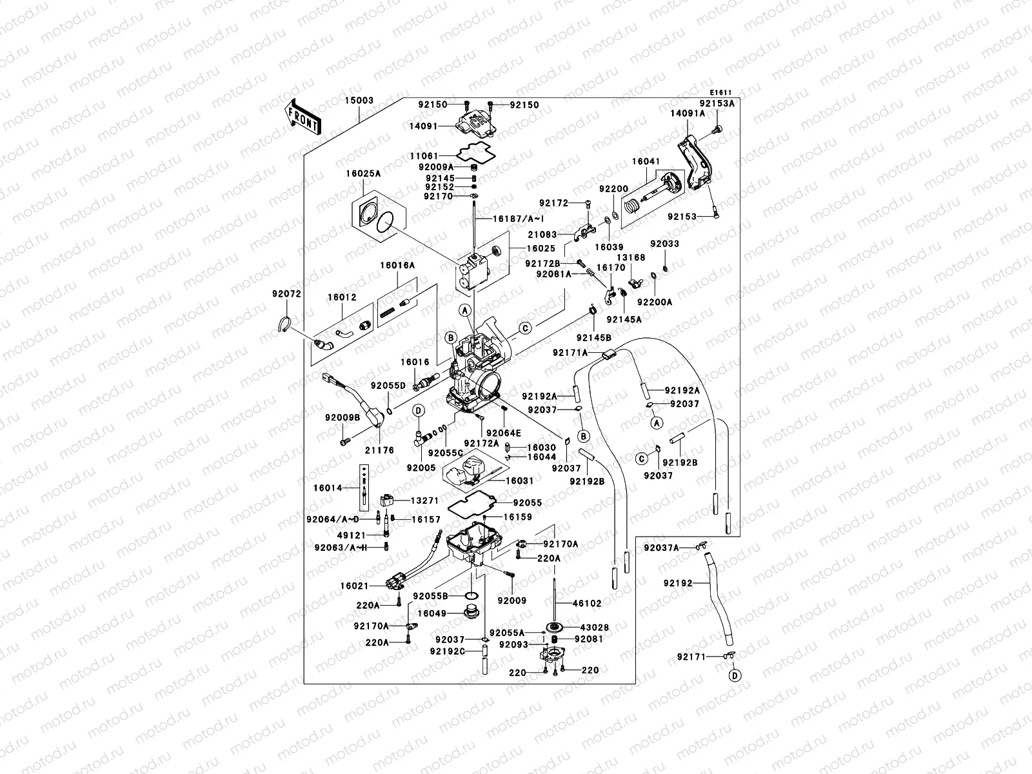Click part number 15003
click(x=359, y=101)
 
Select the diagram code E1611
click(x=722, y=92)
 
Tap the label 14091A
click(x=687, y=113)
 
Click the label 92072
click(x=286, y=293)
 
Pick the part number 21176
click(x=379, y=450)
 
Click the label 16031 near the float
click(x=519, y=481)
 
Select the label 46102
click(x=587, y=604)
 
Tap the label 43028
click(x=594, y=627)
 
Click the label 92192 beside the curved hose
click(x=677, y=583)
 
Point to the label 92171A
click(x=570, y=352)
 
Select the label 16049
click(x=432, y=613)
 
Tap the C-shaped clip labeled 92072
click(x=283, y=324)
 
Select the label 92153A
click(x=717, y=103)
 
